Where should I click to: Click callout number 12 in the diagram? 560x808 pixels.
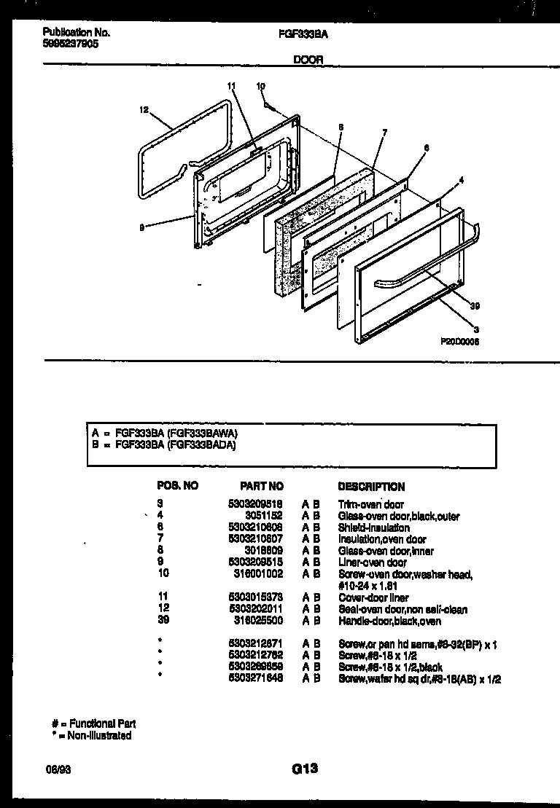[144, 111]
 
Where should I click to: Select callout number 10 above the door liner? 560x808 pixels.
[260, 87]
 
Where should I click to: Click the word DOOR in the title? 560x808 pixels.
[308, 60]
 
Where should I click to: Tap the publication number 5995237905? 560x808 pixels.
[71, 44]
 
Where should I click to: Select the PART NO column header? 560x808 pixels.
[262, 486]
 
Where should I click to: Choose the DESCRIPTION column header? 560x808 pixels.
[372, 486]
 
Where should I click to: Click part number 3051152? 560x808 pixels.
[265, 516]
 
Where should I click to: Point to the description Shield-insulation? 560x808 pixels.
[374, 527]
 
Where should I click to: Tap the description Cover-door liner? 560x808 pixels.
[373, 597]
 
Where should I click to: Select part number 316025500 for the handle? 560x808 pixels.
[260, 621]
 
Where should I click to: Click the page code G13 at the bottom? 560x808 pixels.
[304, 767]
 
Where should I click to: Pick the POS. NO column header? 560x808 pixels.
[178, 486]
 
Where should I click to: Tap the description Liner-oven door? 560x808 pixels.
[373, 562]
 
